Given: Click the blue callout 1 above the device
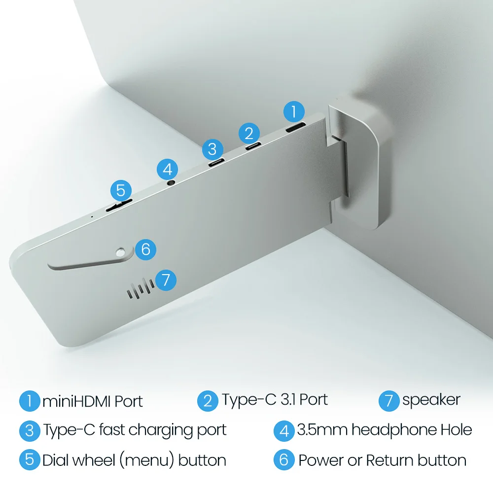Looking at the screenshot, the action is (294, 111).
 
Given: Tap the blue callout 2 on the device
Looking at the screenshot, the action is (249, 133).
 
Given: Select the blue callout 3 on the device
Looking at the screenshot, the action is (212, 149).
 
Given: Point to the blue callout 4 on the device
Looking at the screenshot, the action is (167, 170).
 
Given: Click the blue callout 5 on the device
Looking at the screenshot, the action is (121, 190).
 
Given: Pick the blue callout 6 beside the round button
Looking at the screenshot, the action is (145, 249).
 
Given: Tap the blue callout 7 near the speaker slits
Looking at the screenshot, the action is (166, 280).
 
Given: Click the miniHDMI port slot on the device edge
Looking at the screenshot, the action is (295, 127).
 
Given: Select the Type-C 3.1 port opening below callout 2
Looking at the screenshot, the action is (253, 146).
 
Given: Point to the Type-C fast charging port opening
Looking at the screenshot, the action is (216, 163).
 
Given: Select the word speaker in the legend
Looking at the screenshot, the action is (431, 400).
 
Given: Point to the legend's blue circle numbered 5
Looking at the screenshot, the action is (30, 459).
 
